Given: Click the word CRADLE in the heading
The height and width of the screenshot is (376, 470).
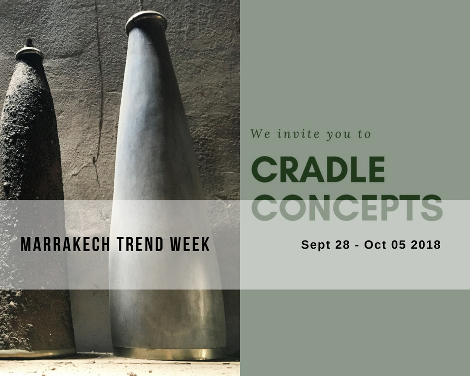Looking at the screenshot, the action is pyautogui.click(x=318, y=169).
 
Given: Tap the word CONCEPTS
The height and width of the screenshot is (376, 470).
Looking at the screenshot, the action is pyautogui.click(x=347, y=207).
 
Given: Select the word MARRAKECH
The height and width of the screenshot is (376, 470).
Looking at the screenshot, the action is pyautogui.click(x=65, y=244).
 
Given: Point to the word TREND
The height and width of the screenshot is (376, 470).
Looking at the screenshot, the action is pyautogui.click(x=140, y=244).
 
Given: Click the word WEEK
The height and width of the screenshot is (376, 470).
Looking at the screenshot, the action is pyautogui.click(x=189, y=244).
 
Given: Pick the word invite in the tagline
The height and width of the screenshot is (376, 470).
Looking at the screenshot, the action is pyautogui.click(x=298, y=134).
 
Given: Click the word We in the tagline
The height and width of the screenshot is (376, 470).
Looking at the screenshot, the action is pyautogui.click(x=261, y=134).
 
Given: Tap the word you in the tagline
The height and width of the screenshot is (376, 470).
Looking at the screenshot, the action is pyautogui.click(x=339, y=135).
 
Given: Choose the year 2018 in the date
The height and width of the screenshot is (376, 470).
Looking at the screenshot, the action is pyautogui.click(x=426, y=245).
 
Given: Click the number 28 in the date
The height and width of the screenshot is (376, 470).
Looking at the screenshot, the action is pyautogui.click(x=342, y=245).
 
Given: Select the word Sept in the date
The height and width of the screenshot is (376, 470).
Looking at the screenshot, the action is pyautogui.click(x=316, y=245).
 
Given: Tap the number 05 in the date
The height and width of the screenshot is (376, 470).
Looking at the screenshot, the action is pyautogui.click(x=399, y=245).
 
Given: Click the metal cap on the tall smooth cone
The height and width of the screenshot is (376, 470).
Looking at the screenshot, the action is pyautogui.click(x=146, y=21).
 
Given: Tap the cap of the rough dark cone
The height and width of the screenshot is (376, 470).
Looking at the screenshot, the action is pyautogui.click(x=29, y=54).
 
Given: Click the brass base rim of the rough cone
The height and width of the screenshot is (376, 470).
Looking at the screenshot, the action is pyautogui.click(x=37, y=353).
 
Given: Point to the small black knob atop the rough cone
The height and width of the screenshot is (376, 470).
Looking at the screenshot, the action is pyautogui.click(x=29, y=43).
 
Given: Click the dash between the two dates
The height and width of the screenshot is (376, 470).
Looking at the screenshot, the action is pyautogui.click(x=357, y=246).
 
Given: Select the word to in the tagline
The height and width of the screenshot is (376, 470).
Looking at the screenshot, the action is pyautogui.click(x=364, y=134).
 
